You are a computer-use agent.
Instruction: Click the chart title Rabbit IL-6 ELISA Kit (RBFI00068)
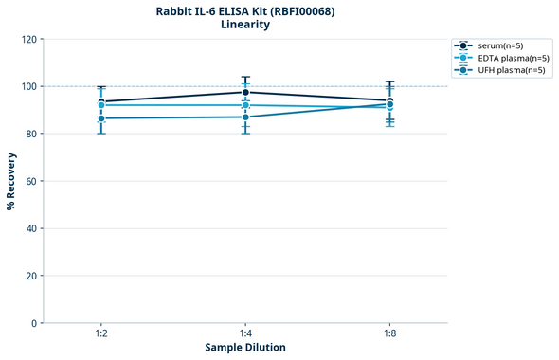pos(245,11)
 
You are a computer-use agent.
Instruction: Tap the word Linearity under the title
pos(245,26)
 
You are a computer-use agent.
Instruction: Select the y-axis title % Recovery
pos(11,180)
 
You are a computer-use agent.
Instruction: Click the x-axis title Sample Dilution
pos(245,348)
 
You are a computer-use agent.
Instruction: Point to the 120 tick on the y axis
pos(28,39)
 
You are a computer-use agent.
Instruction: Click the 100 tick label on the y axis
pos(28,86)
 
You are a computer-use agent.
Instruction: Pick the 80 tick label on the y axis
pos(31,134)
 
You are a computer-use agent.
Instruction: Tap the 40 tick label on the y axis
pos(31,228)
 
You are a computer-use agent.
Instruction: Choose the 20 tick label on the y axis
pos(31,276)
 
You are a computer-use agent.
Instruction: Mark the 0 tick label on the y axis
pos(34,323)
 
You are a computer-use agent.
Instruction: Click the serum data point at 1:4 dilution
pos(245,92)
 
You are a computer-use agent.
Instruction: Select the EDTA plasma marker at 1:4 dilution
pos(245,105)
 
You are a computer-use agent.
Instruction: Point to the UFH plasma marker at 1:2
pos(101,118)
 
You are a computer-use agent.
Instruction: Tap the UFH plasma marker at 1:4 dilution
pos(245,117)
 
